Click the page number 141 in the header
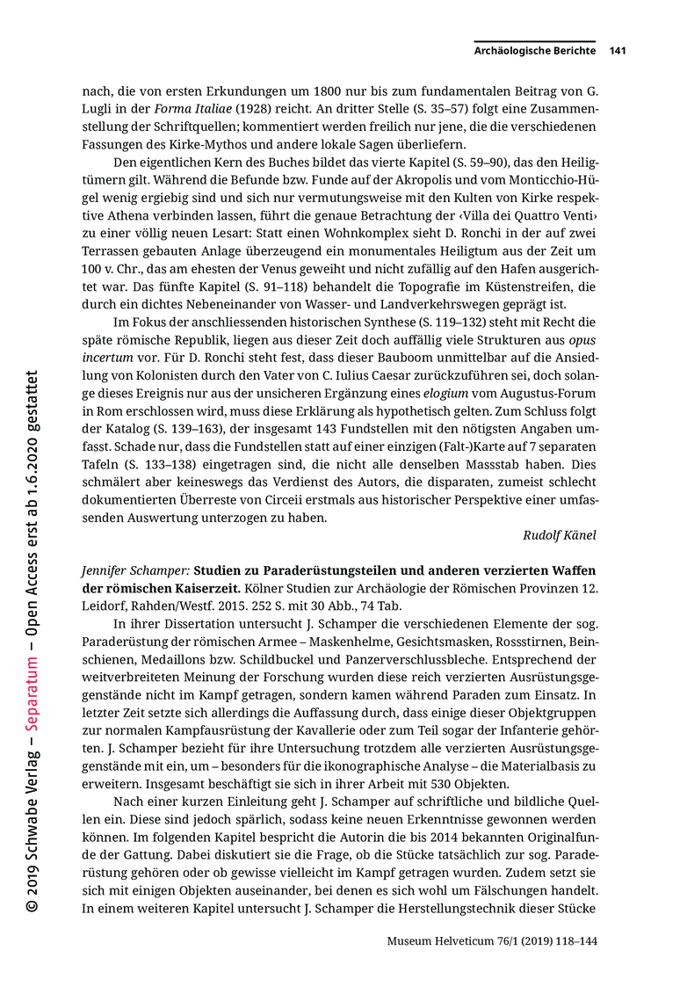(x=617, y=51)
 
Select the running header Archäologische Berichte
(x=535, y=51)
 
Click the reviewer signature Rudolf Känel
(x=560, y=534)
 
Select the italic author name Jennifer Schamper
(x=135, y=569)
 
